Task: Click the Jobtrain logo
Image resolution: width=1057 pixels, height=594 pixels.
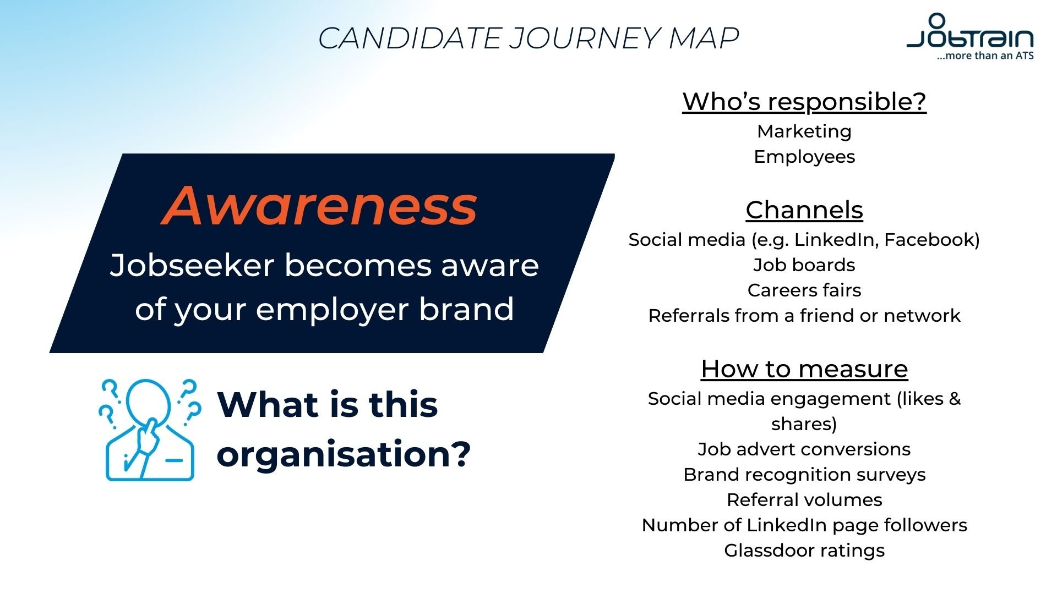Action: coord(970,34)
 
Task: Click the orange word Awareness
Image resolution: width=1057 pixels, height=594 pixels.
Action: coord(319,206)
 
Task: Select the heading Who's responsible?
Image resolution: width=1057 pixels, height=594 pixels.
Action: coord(804,102)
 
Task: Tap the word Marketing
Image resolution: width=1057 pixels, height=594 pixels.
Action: coord(804,131)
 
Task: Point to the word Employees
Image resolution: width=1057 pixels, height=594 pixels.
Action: coord(804,157)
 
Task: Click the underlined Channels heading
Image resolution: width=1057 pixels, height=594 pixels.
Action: coord(804,210)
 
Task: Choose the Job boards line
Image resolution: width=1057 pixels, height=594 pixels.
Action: coord(804,265)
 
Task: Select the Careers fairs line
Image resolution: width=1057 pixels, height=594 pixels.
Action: coord(804,290)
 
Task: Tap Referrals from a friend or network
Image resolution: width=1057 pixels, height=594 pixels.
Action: coord(804,316)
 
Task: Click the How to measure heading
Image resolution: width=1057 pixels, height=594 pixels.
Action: coord(804,369)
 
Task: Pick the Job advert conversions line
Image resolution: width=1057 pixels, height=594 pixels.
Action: coord(804,449)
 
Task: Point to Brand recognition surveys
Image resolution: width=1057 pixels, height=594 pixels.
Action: coord(804,475)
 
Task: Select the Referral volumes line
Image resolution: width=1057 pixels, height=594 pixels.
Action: coord(804,500)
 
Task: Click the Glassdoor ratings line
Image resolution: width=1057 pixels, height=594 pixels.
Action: coord(804,551)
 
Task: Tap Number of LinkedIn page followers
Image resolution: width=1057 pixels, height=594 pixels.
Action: coord(804,525)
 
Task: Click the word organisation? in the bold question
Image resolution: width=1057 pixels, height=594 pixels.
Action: coord(344,454)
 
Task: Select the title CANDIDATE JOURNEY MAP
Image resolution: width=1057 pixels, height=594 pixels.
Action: coord(528,38)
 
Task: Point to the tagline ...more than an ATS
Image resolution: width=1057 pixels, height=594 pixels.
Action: coord(985,56)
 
